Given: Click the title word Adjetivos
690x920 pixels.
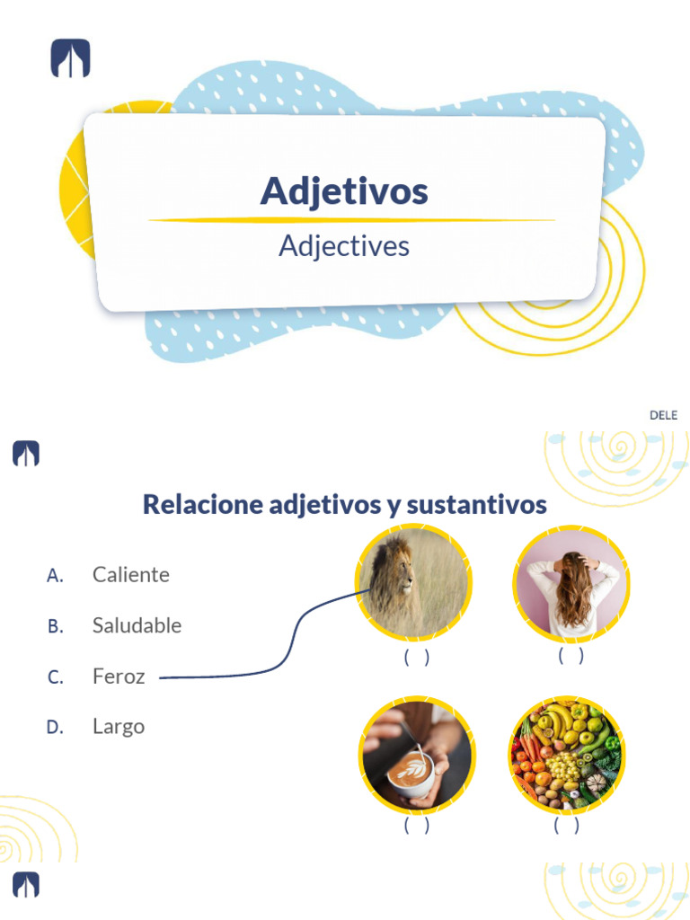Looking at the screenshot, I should [x=344, y=190].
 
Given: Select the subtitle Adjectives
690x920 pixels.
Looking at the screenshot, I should [x=344, y=245].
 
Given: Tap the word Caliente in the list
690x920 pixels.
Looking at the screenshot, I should [x=130, y=574].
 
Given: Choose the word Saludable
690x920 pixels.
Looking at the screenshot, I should [x=137, y=625].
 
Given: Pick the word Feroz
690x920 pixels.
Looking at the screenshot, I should [x=119, y=677].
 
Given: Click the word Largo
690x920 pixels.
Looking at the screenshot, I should [x=119, y=726].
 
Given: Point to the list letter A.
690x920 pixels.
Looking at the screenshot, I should [x=55, y=575].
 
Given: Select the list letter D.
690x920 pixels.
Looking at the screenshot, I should [x=55, y=727].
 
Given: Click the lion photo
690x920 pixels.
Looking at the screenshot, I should [x=414, y=582].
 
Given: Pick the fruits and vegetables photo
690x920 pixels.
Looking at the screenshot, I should [x=567, y=755].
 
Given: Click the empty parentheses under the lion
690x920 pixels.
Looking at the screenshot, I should [x=416, y=658].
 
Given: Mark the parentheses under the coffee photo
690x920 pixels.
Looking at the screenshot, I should [x=416, y=826].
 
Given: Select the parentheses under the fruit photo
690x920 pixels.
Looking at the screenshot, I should [x=567, y=826].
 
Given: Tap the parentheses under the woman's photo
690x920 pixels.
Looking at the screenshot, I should [x=571, y=656].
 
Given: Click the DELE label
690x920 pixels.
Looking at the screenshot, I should [x=663, y=415].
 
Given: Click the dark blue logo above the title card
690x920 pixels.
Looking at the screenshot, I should [x=70, y=59].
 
